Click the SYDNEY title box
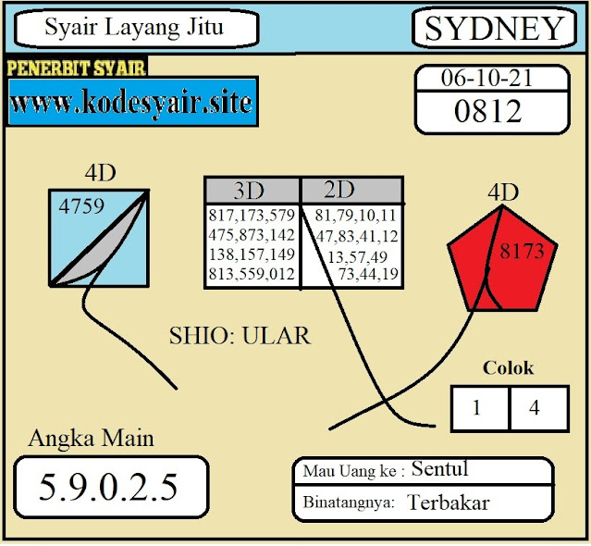point(493,29)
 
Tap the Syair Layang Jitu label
point(134,29)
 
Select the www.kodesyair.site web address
point(131,102)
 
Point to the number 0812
point(487,112)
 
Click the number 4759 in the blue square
point(81,206)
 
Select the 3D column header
point(249,191)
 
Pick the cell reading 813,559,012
point(252,273)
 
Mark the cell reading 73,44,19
point(368,273)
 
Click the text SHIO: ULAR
point(240,335)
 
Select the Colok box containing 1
point(476,408)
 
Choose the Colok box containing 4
point(535,408)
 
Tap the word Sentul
point(440,469)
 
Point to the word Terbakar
point(449,503)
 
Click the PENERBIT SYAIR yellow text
point(77,68)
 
